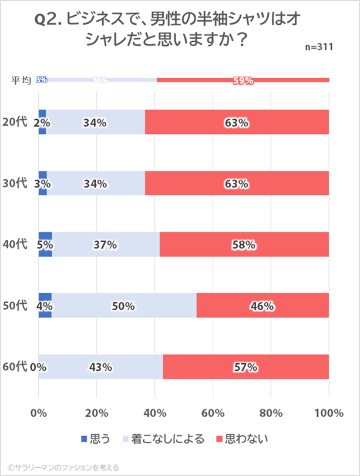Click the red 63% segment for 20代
pyautogui.click(x=237, y=122)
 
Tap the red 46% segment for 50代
pyautogui.click(x=263, y=306)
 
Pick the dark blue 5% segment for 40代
pyautogui.click(x=45, y=244)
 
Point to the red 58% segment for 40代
pyautogui.click(x=244, y=244)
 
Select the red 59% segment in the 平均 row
pyautogui.click(x=243, y=81)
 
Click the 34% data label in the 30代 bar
pyautogui.click(x=95, y=184)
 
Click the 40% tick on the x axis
pyautogui.click(x=154, y=413)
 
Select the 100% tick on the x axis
pyautogui.click(x=328, y=413)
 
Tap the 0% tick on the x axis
pyautogui.click(x=39, y=413)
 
